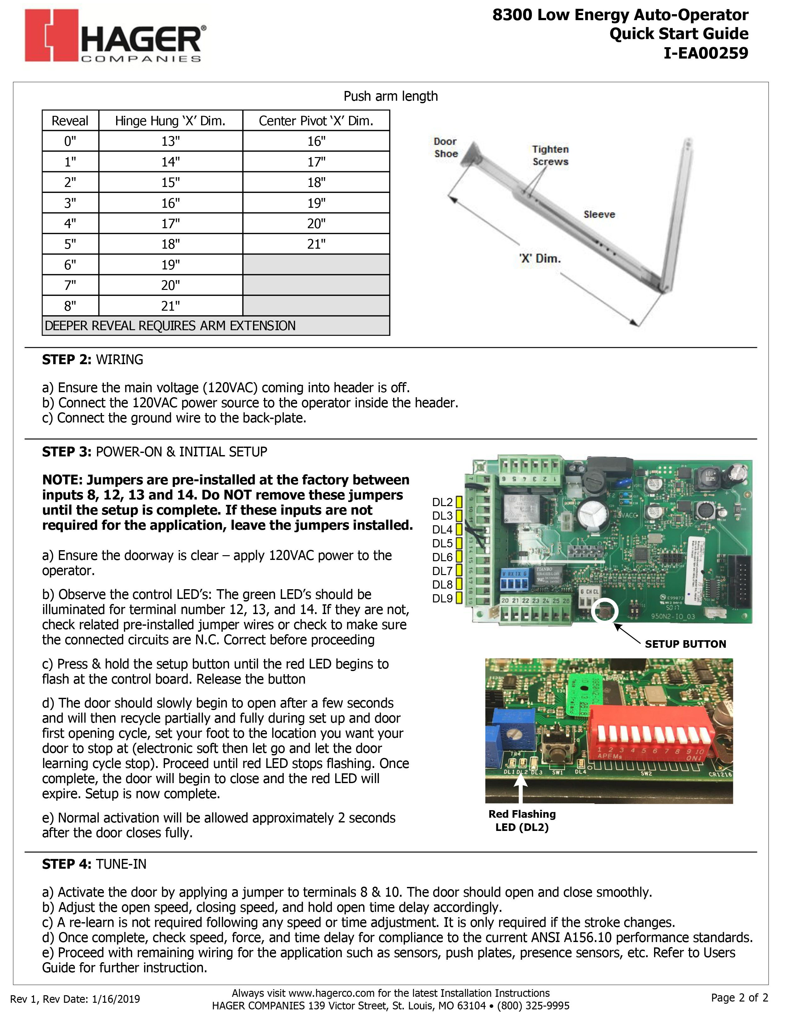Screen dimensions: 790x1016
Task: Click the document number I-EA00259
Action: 706,53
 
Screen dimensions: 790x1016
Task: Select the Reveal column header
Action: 70,121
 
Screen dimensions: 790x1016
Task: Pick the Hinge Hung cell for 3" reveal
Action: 171,203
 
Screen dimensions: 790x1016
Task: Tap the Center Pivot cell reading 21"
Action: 316,244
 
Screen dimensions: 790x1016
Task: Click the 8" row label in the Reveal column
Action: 70,306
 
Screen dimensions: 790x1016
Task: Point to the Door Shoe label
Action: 446,148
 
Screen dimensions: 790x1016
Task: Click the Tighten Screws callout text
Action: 550,155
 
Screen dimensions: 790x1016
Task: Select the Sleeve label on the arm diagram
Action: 599,214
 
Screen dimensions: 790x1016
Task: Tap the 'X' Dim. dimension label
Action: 540,259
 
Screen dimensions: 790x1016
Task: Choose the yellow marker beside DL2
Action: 459,502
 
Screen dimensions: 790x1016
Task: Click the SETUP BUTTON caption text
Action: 685,644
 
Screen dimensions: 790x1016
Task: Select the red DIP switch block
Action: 651,732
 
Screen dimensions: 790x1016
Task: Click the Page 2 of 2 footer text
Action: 740,998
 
